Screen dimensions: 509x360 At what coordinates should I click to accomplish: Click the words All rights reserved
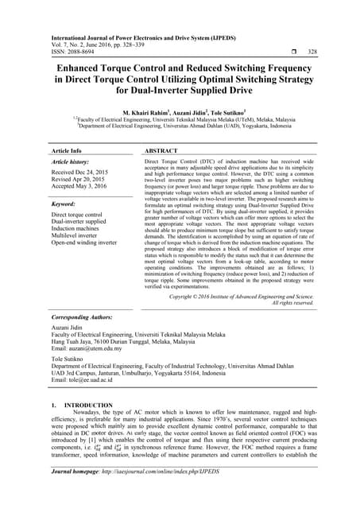(282, 303)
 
